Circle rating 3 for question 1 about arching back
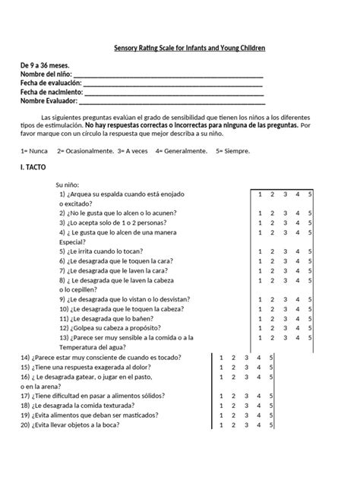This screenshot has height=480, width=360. pos(285,194)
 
